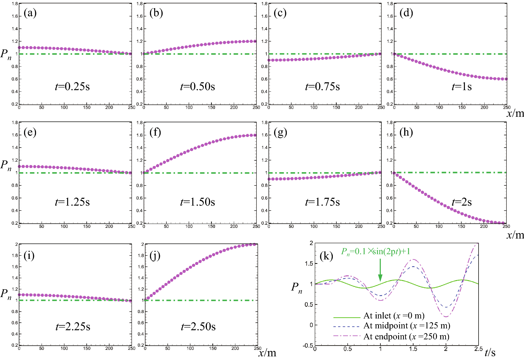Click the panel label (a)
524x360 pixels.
[30, 13]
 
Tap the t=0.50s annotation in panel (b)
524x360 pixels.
[197, 86]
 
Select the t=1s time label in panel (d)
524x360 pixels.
[462, 86]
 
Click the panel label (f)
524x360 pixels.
[155, 132]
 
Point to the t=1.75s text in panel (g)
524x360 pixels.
[322, 202]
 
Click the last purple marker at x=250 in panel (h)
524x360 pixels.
[503, 223]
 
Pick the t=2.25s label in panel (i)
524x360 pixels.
[73, 327]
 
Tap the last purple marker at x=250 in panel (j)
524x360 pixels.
[254, 245]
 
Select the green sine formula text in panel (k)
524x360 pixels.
[376, 252]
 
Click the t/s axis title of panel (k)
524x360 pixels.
[490, 353]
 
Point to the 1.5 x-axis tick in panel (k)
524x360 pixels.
[413, 349]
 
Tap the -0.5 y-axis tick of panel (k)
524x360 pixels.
[308, 346]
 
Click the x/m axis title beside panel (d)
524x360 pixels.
[515, 113]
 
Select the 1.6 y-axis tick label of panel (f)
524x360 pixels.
[139, 135]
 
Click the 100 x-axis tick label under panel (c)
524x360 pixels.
[314, 107]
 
